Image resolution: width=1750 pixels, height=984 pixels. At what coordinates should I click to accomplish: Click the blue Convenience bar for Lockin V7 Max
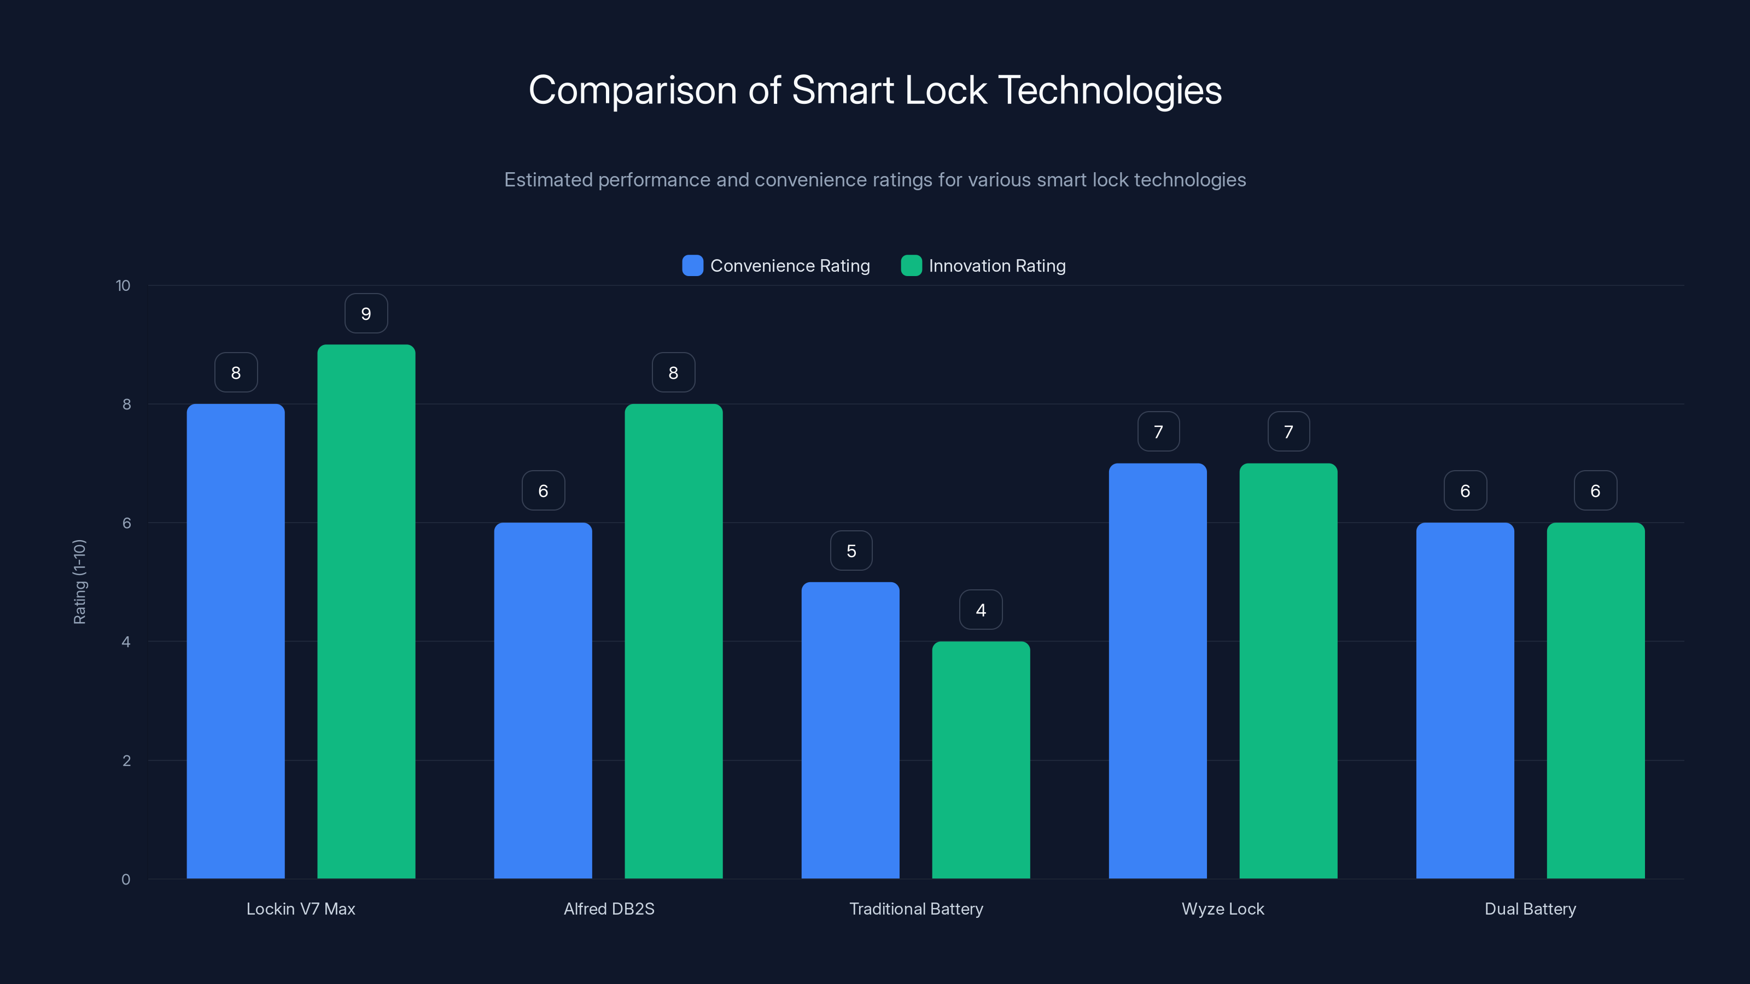[235, 641]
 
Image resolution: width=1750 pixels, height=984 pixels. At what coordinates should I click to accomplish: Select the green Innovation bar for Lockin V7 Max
[366, 611]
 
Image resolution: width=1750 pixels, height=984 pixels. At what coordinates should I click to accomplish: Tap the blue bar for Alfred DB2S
[543, 700]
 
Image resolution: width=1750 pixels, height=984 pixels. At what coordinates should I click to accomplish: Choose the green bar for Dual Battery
[1595, 700]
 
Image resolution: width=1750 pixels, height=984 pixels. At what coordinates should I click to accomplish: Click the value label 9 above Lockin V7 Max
[366, 314]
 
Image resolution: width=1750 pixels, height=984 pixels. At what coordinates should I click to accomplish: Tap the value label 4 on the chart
[981, 610]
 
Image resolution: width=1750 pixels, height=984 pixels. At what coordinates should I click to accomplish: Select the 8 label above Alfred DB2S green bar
[673, 373]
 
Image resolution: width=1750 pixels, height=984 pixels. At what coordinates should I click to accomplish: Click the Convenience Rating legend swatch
[692, 266]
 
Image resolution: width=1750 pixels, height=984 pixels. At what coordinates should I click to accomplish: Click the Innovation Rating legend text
[996, 266]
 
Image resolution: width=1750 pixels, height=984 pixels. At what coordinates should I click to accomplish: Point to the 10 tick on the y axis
[123, 285]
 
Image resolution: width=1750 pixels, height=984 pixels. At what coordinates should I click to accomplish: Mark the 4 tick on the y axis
[126, 642]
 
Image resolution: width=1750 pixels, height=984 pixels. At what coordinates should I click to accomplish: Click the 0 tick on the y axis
[126, 880]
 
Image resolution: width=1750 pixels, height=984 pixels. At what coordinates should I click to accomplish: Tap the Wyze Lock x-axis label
[1222, 909]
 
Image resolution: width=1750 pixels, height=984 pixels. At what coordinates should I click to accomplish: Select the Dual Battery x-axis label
[1530, 909]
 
